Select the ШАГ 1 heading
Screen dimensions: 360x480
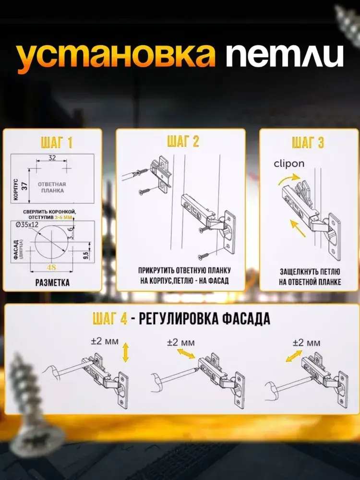(56, 143)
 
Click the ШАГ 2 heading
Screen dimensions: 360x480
(183, 141)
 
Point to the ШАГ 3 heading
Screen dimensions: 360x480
(308, 143)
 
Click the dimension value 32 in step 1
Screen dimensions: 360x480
(52, 157)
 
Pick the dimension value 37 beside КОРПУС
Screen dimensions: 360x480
(24, 185)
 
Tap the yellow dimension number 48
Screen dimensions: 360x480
(51, 267)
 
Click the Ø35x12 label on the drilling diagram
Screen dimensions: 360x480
(27, 224)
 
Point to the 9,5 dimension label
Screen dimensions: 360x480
(86, 255)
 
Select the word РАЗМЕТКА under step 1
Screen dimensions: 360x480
(52, 282)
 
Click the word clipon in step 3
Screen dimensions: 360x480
(289, 164)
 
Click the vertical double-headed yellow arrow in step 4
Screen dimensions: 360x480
(125, 353)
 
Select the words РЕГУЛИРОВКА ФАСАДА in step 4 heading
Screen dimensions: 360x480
(204, 319)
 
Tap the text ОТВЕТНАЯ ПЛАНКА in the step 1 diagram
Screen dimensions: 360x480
(52, 187)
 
